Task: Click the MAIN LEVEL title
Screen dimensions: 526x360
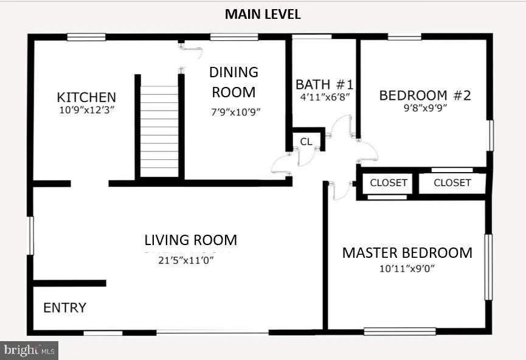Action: coord(263,14)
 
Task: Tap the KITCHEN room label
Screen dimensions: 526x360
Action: coord(86,97)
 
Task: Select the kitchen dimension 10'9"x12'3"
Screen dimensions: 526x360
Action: coord(87,110)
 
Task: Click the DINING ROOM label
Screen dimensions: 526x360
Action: coord(234,82)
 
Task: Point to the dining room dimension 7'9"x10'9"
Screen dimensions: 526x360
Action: coord(236,112)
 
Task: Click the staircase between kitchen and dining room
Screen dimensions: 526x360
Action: coord(159,131)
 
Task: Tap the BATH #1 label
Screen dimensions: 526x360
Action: coord(324,84)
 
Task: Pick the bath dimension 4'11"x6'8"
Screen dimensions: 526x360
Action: coord(325,97)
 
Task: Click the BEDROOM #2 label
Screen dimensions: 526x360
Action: coord(425,95)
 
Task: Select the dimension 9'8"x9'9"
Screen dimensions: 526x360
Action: coord(426,108)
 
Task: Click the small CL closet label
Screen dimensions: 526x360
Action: coord(306,142)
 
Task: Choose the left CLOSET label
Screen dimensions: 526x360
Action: coord(389,183)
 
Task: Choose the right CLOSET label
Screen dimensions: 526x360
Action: coord(452,183)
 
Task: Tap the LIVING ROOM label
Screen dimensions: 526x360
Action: coord(190,240)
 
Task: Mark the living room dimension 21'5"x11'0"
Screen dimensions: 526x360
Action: coord(186,260)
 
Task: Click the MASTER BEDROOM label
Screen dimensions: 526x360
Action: coord(407,252)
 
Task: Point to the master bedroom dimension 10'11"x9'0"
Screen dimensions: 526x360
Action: coord(407,268)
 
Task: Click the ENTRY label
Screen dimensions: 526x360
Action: coord(64,308)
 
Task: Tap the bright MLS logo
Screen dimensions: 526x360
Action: coord(29,351)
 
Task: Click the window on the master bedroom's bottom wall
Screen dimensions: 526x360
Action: coord(400,331)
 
